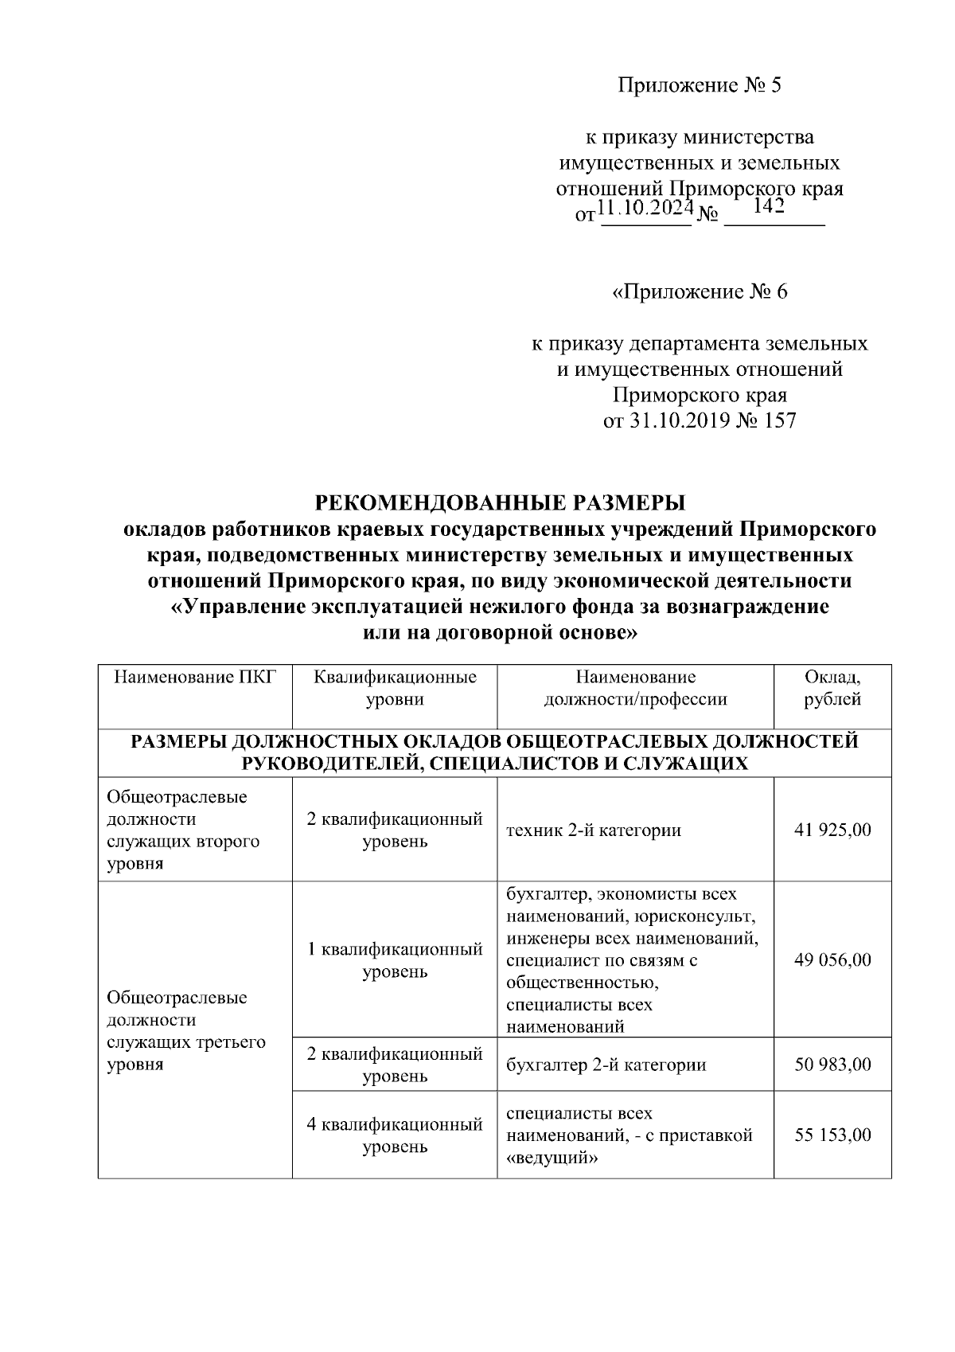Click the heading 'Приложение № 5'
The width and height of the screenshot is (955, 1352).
point(700,85)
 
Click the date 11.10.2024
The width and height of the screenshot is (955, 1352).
point(645,209)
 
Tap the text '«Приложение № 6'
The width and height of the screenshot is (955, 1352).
point(699,292)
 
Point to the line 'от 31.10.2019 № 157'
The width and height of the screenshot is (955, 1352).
point(700,421)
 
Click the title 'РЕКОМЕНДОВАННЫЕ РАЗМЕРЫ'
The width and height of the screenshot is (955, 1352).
point(500,503)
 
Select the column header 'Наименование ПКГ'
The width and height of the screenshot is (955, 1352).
point(195,678)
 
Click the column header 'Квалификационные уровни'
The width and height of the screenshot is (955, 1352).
point(395,688)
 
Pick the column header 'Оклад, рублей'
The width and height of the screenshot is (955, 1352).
point(832,688)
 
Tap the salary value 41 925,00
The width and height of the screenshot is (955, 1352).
point(832,830)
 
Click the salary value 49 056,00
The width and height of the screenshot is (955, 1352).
point(832,959)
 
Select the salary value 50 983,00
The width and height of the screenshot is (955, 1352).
point(832,1065)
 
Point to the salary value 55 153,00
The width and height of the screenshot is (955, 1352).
point(832,1135)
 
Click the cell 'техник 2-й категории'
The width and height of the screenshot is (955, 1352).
point(594,830)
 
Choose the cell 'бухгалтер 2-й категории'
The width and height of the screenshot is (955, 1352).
point(606,1065)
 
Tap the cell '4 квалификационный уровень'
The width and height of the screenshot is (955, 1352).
point(395,1135)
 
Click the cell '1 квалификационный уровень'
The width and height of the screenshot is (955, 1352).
point(395,960)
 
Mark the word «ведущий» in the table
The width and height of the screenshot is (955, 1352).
point(552,1158)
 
